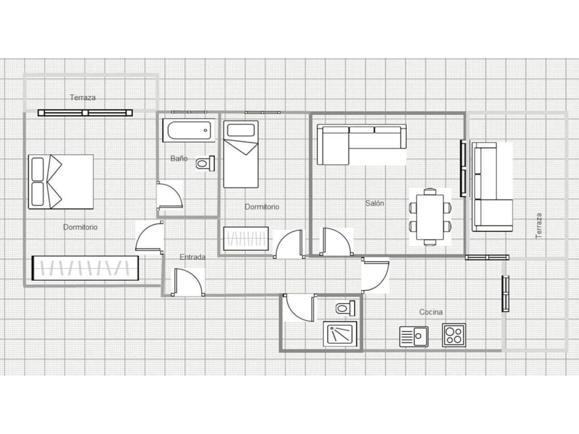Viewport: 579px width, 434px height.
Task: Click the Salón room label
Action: [375, 203]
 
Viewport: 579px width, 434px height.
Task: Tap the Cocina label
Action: [431, 312]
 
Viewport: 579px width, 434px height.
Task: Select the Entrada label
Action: [193, 257]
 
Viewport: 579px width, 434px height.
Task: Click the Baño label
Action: [179, 159]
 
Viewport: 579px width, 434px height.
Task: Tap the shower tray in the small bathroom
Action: [340, 334]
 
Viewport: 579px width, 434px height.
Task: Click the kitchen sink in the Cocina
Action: [413, 336]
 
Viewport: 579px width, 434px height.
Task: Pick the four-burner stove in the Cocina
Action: [454, 335]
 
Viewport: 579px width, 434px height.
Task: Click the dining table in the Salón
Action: [430, 217]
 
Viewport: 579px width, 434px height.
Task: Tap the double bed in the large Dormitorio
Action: [61, 182]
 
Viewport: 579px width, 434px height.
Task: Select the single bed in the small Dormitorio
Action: [241, 154]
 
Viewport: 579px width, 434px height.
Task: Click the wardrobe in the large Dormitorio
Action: [85, 268]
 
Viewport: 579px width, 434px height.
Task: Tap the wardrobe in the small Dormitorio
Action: [246, 237]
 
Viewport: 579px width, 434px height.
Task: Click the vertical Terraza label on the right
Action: [538, 226]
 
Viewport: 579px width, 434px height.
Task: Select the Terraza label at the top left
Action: [82, 97]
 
